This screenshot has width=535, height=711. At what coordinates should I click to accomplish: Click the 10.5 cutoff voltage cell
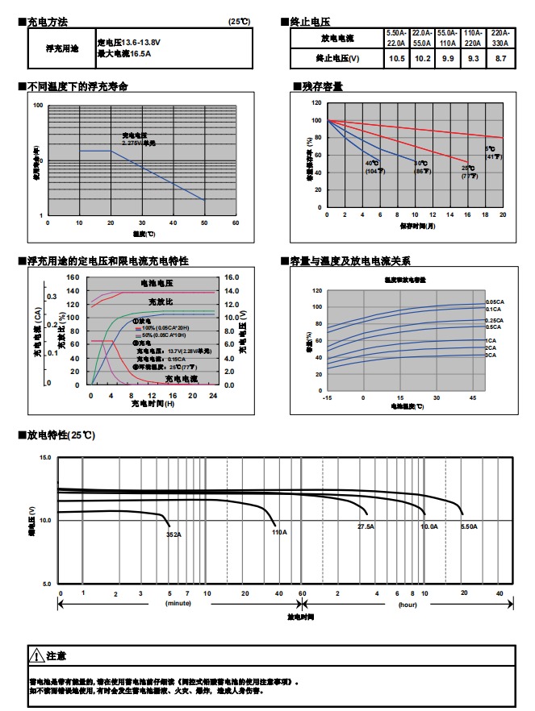pyautogui.click(x=396, y=59)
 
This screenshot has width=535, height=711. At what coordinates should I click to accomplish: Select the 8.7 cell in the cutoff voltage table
pyautogui.click(x=501, y=59)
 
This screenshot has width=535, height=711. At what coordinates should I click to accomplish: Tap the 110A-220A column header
pyautogui.click(x=474, y=39)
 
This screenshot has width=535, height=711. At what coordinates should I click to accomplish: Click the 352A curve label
pyautogui.click(x=173, y=534)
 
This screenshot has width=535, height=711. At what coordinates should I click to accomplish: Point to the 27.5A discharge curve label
pyautogui.click(x=366, y=526)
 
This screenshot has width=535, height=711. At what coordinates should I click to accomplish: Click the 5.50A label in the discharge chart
pyautogui.click(x=469, y=526)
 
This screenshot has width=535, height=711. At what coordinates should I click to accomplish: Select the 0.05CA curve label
pyautogui.click(x=495, y=301)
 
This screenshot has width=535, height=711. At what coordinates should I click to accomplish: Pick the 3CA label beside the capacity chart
pyautogui.click(x=491, y=355)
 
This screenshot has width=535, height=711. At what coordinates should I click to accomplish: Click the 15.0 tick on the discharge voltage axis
pyautogui.click(x=45, y=458)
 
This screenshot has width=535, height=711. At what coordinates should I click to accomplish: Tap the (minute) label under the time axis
pyautogui.click(x=178, y=603)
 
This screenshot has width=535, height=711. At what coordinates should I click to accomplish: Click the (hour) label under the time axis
pyautogui.click(x=408, y=603)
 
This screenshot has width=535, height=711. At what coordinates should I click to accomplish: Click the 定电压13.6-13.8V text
pyautogui.click(x=129, y=42)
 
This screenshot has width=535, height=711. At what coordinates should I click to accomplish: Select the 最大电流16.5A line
pyautogui.click(x=124, y=53)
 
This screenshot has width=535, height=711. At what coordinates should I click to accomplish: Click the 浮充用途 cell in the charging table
pyautogui.click(x=62, y=48)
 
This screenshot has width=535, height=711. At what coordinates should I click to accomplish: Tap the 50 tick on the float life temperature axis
pyautogui.click(x=203, y=222)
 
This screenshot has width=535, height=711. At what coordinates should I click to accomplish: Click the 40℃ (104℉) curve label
pyautogui.click(x=372, y=167)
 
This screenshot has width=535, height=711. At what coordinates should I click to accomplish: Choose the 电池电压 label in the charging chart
pyautogui.click(x=157, y=284)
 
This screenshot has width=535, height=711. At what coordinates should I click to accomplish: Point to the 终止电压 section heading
pyautogui.click(x=309, y=21)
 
